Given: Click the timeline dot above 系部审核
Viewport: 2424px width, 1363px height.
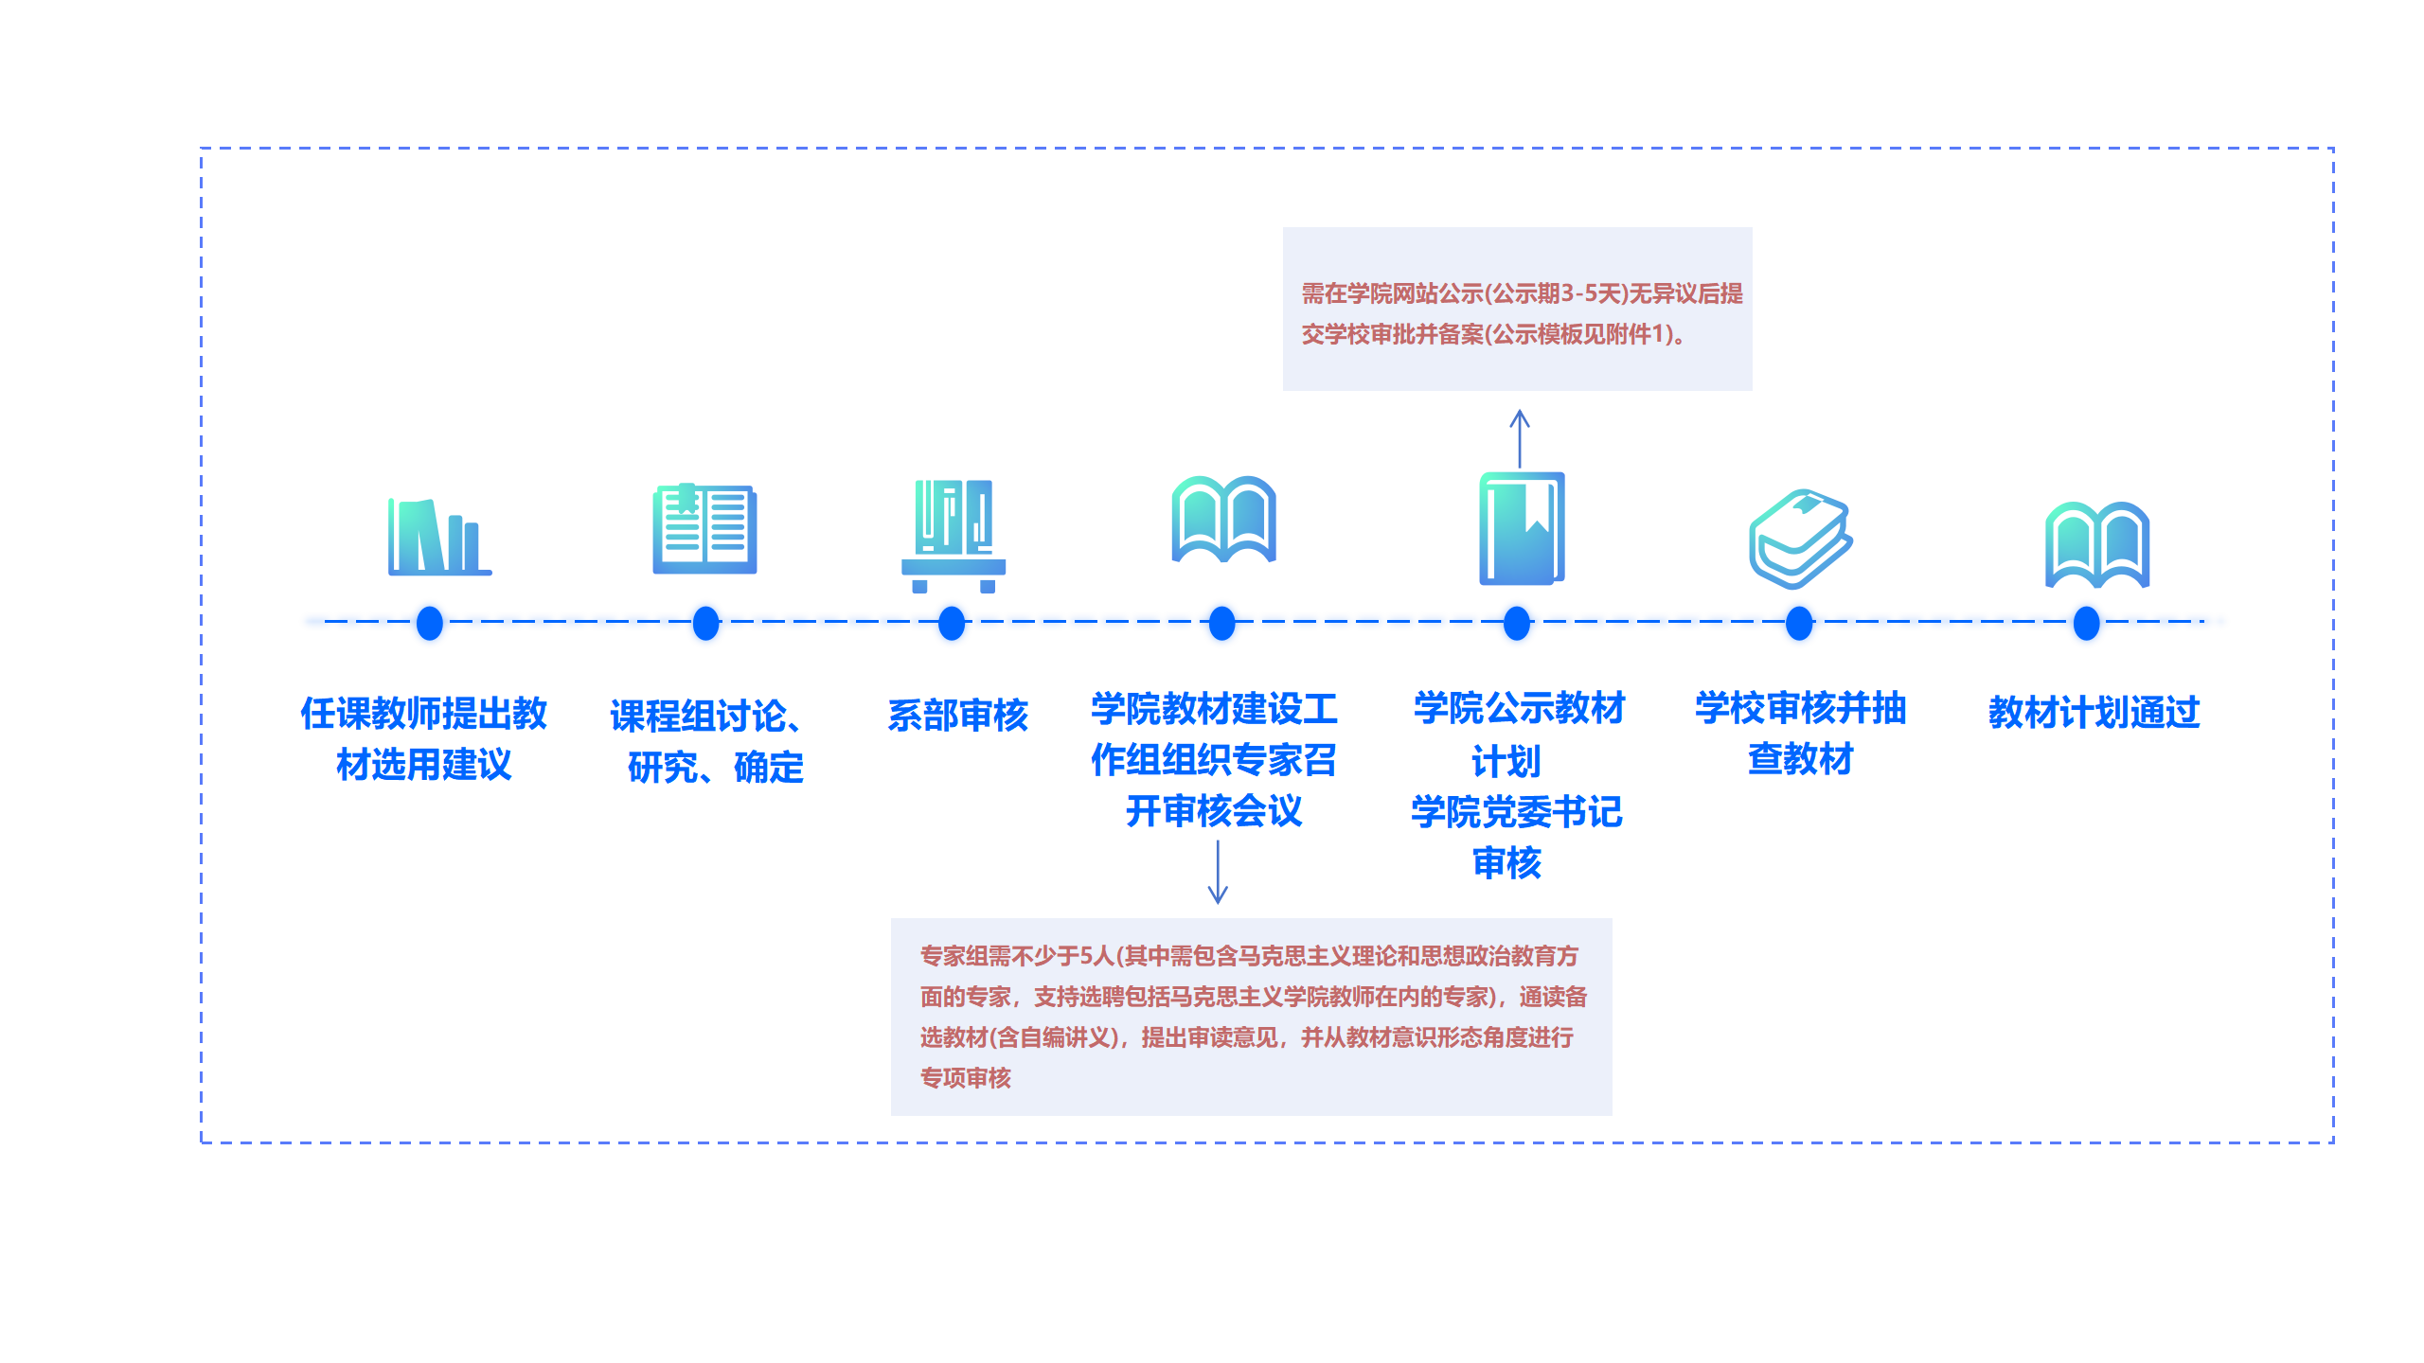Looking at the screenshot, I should [952, 624].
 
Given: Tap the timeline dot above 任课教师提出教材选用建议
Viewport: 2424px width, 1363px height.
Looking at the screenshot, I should [430, 624].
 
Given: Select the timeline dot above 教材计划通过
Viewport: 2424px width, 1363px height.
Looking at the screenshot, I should [2086, 624].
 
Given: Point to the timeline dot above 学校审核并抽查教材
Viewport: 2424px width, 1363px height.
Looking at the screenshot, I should [1799, 624].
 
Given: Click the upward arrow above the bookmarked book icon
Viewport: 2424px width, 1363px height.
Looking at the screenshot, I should [1520, 437].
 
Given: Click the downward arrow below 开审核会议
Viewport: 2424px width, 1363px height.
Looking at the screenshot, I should [1218, 872].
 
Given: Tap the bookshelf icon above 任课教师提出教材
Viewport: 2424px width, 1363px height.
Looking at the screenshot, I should [439, 537].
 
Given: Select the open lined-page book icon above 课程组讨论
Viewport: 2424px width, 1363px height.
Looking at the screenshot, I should [704, 529].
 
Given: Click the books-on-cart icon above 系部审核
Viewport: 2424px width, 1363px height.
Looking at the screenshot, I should [954, 536].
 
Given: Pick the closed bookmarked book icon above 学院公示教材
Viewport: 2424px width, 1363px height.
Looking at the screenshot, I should [1522, 528].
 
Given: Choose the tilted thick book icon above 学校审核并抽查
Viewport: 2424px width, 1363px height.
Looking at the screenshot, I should [1800, 539].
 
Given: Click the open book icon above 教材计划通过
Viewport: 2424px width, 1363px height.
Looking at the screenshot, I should [2097, 545].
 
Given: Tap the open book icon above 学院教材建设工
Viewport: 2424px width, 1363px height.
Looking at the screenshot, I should [1223, 520].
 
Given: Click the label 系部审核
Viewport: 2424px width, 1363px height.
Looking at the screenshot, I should [957, 716].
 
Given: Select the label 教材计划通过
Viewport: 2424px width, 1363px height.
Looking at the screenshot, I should [2094, 713].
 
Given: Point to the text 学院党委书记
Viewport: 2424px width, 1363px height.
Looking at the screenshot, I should [1516, 812].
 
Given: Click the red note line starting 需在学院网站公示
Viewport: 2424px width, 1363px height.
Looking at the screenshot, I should [1522, 293].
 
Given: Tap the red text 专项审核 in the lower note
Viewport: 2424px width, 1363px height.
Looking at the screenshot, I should [965, 1078].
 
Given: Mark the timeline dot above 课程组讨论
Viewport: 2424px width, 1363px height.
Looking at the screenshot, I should [705, 624].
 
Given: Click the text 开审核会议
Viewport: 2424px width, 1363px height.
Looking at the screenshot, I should [1214, 811].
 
